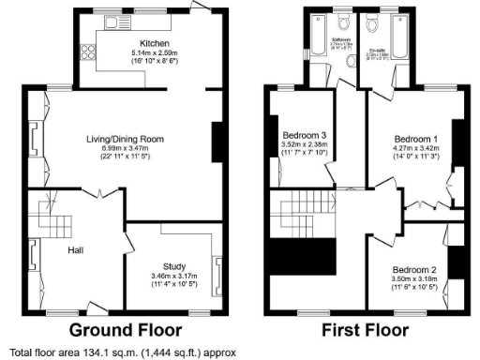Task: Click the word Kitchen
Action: coord(154,44)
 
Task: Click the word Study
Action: coord(173,266)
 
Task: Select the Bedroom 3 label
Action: coord(305,135)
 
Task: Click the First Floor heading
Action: coord(365,330)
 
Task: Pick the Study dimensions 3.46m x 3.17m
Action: coord(173,277)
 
